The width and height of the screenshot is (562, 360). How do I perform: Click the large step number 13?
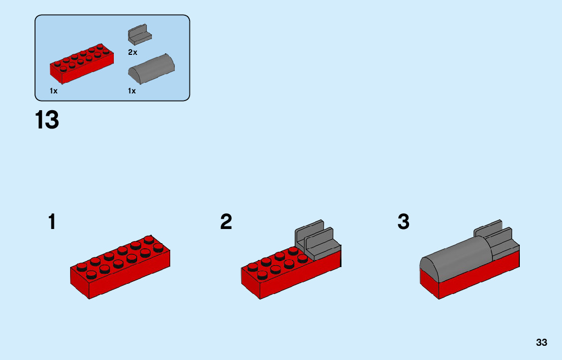(x=47, y=121)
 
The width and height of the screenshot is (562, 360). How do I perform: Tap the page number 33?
(x=541, y=342)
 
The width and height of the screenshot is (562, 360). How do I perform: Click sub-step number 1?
(x=52, y=222)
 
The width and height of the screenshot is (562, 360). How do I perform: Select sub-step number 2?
(x=226, y=222)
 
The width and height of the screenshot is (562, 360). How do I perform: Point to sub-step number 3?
(x=403, y=222)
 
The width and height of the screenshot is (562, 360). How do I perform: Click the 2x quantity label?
(x=132, y=52)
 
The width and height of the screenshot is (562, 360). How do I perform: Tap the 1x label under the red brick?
(x=53, y=91)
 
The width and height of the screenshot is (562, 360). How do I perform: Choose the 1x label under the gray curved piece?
(x=132, y=91)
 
